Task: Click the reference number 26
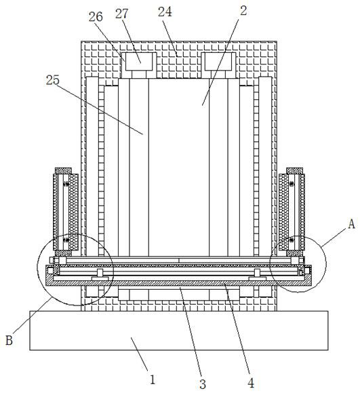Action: [96, 17]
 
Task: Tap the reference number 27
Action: [122, 14]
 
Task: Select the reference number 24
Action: [165, 12]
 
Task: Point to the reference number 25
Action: [53, 80]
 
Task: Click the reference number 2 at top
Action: [243, 11]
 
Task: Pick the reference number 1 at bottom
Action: [153, 379]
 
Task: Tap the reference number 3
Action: [203, 383]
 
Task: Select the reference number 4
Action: [251, 383]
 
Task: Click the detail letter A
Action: [352, 224]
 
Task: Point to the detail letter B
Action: [9, 341]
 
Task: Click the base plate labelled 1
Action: [179, 331]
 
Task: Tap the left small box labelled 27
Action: [139, 62]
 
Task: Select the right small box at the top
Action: [218, 62]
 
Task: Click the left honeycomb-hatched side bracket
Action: [66, 212]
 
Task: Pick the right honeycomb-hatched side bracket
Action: [292, 212]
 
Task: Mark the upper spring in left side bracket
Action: [66, 185]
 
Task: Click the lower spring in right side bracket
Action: [292, 240]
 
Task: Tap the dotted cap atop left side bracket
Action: [63, 170]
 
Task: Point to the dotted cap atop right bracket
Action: [295, 170]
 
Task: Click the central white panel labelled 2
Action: [179, 168]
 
